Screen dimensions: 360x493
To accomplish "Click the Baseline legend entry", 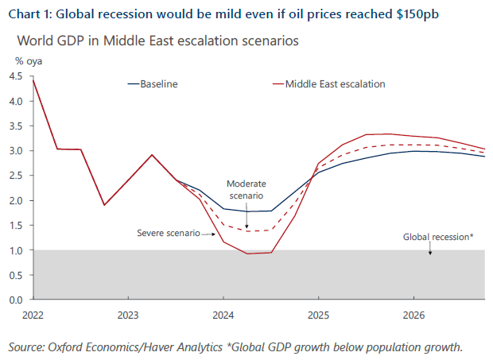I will coord(159,83).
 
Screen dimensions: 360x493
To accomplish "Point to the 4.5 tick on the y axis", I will coord(16,76).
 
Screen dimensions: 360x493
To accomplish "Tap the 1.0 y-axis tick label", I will coord(16,250).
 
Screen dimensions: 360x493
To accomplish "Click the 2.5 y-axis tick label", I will coord(16,176).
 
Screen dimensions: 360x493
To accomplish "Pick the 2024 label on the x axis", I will coord(223,315).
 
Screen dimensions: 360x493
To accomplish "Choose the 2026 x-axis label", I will coord(413,315).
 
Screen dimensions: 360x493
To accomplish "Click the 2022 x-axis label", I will coord(33,315).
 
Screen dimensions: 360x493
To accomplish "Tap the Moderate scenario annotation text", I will coord(246,189).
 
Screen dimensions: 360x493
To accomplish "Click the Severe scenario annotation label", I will coord(168,234).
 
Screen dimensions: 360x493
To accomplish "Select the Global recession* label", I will coord(438,237).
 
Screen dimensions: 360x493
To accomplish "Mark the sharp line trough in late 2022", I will coord(104,205).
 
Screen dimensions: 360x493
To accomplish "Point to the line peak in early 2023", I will coord(152,155).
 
